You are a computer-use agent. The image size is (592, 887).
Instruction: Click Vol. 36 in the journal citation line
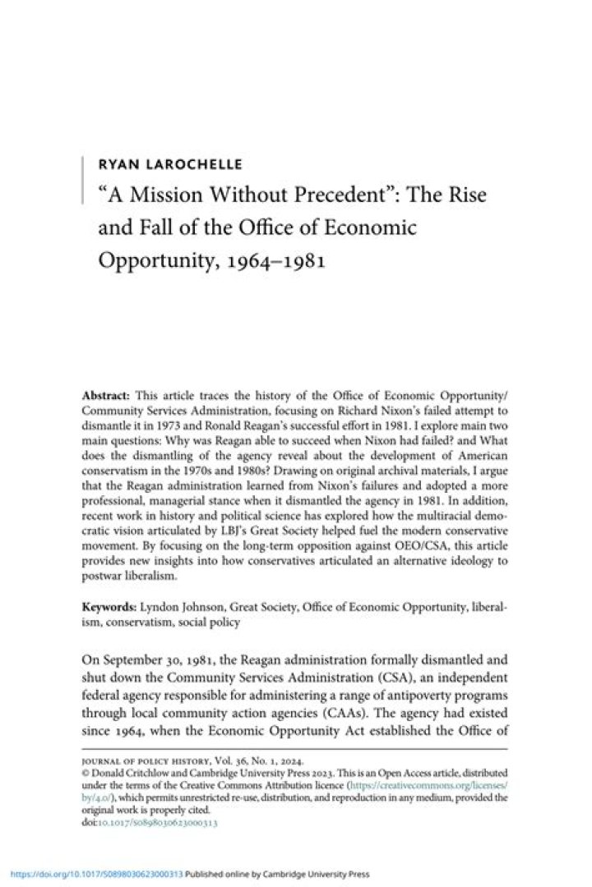[224, 761]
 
